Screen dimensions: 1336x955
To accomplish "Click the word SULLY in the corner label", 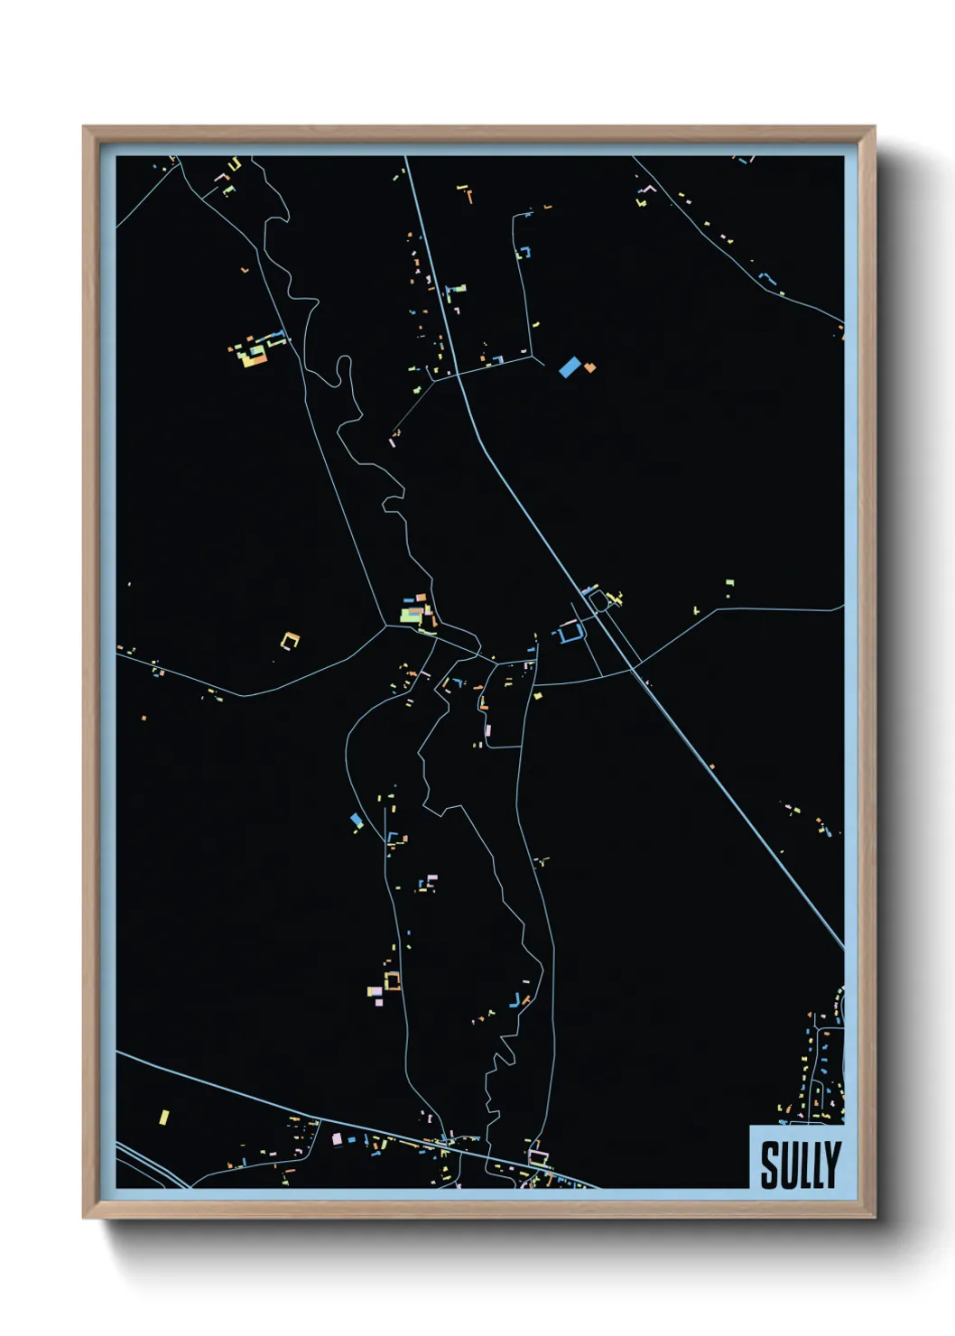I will coord(800,1164).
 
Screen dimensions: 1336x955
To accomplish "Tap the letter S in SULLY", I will coord(769,1164).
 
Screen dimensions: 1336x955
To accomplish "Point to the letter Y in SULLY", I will coord(832,1164).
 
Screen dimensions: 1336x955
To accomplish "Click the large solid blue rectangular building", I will coord(569,366).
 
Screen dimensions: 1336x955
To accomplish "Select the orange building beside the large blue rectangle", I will coord(589,367).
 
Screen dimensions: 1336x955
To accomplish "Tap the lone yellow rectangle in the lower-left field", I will coord(163,1117).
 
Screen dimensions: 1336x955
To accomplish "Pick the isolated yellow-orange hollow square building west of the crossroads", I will coord(290,641).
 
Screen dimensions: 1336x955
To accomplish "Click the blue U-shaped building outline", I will coord(568,634).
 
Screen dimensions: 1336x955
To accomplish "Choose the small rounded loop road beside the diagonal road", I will coord(598,598).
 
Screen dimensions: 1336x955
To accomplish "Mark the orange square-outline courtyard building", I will coord(392,980).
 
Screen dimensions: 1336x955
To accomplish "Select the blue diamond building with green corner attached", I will coord(357,820).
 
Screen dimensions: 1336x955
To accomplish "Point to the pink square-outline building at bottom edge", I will coord(538,1155).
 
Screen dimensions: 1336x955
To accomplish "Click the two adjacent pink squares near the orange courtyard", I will coord(375,992).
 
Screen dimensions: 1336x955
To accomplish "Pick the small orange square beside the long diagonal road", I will coord(711,766).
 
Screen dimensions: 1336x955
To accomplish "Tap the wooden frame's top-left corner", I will coord(84,127).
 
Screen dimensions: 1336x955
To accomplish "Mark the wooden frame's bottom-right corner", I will coord(874,1217).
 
